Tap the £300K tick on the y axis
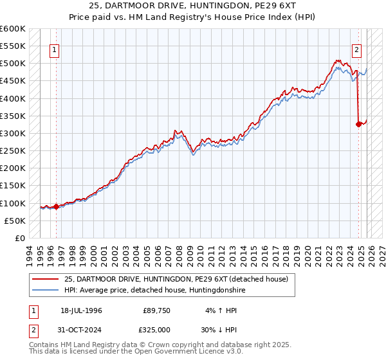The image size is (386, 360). [13, 133]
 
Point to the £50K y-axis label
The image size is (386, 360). [15, 221]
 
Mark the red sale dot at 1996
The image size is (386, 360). [56, 206]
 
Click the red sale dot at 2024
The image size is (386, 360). [358, 125]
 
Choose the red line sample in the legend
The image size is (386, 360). [45, 278]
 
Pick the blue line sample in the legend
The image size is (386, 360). [45, 290]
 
